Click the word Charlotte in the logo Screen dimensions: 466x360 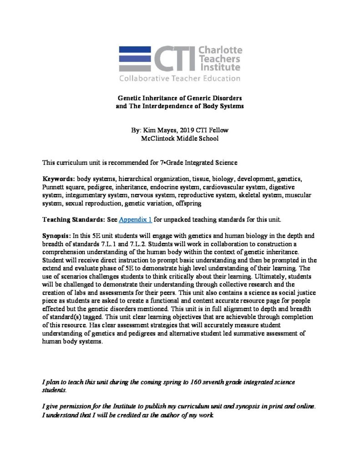tap(221, 50)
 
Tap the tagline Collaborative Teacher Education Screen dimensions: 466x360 tap(180, 78)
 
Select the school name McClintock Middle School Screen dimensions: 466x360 tap(180, 138)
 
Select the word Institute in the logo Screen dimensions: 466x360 tap(220, 67)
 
